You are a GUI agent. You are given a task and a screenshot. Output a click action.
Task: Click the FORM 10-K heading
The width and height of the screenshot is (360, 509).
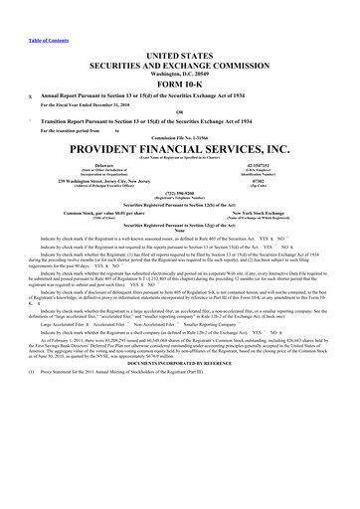[180, 83]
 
